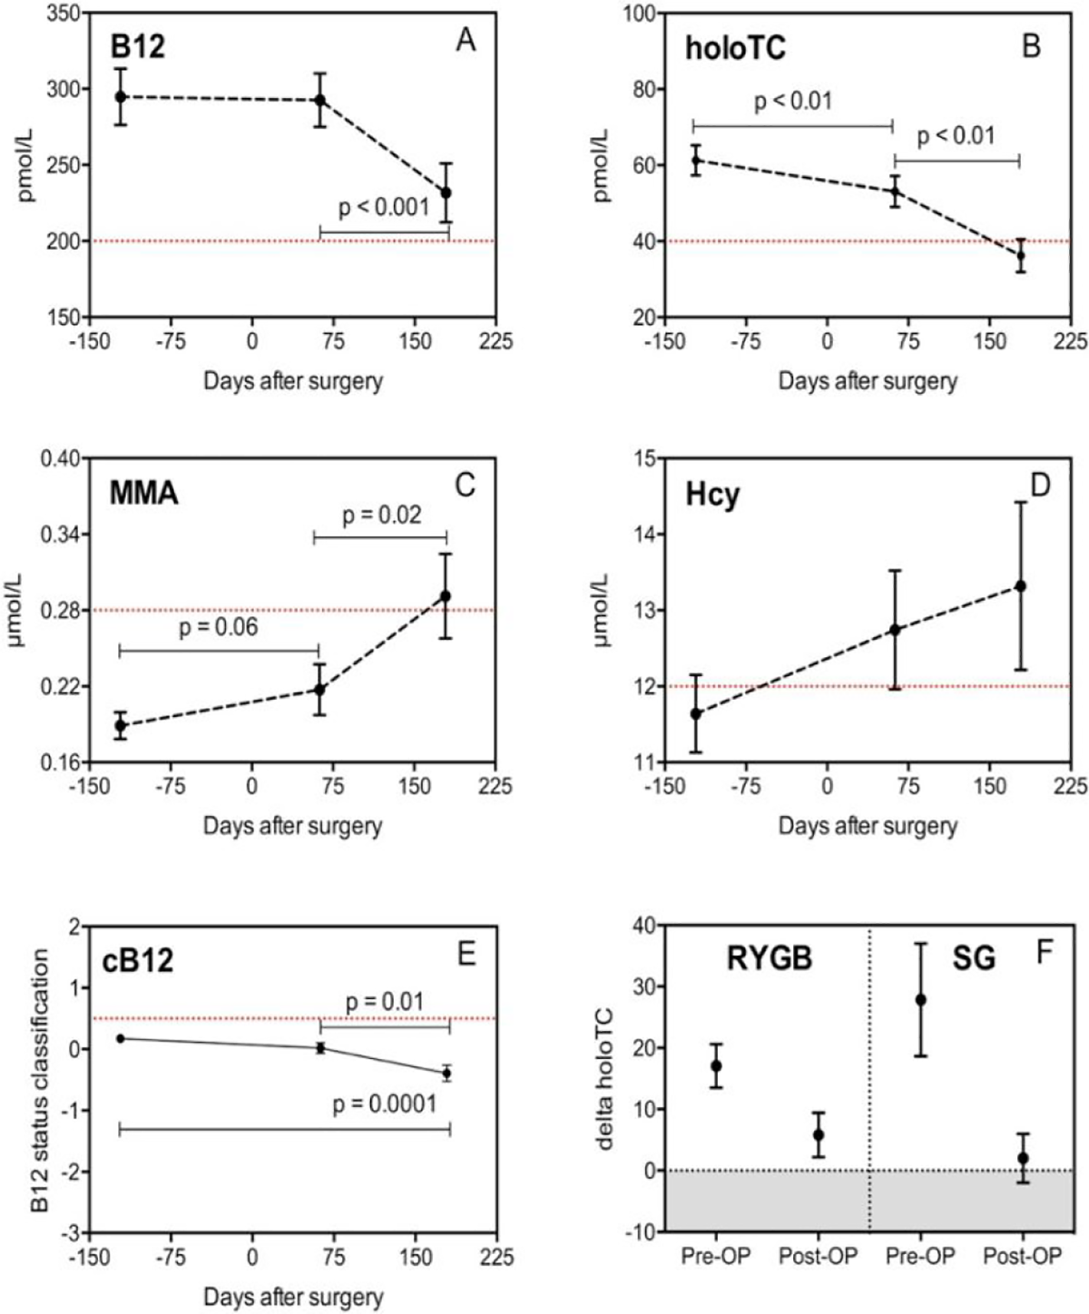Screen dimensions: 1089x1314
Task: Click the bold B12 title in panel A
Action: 138,46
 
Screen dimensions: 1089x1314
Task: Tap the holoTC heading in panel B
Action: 735,48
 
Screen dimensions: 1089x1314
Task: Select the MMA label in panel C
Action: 144,493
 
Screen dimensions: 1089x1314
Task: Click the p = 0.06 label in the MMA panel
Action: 219,627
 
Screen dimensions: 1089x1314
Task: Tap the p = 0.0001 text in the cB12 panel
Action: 385,1103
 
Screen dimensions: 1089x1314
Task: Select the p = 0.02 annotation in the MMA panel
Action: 382,515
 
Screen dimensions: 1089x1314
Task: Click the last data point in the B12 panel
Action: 446,192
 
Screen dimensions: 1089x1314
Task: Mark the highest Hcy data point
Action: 1020,586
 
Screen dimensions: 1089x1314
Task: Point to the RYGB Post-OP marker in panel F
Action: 819,1134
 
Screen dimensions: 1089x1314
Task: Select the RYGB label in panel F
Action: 770,958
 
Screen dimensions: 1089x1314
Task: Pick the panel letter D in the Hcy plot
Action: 1039,485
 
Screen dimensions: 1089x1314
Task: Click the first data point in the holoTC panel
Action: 695,160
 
